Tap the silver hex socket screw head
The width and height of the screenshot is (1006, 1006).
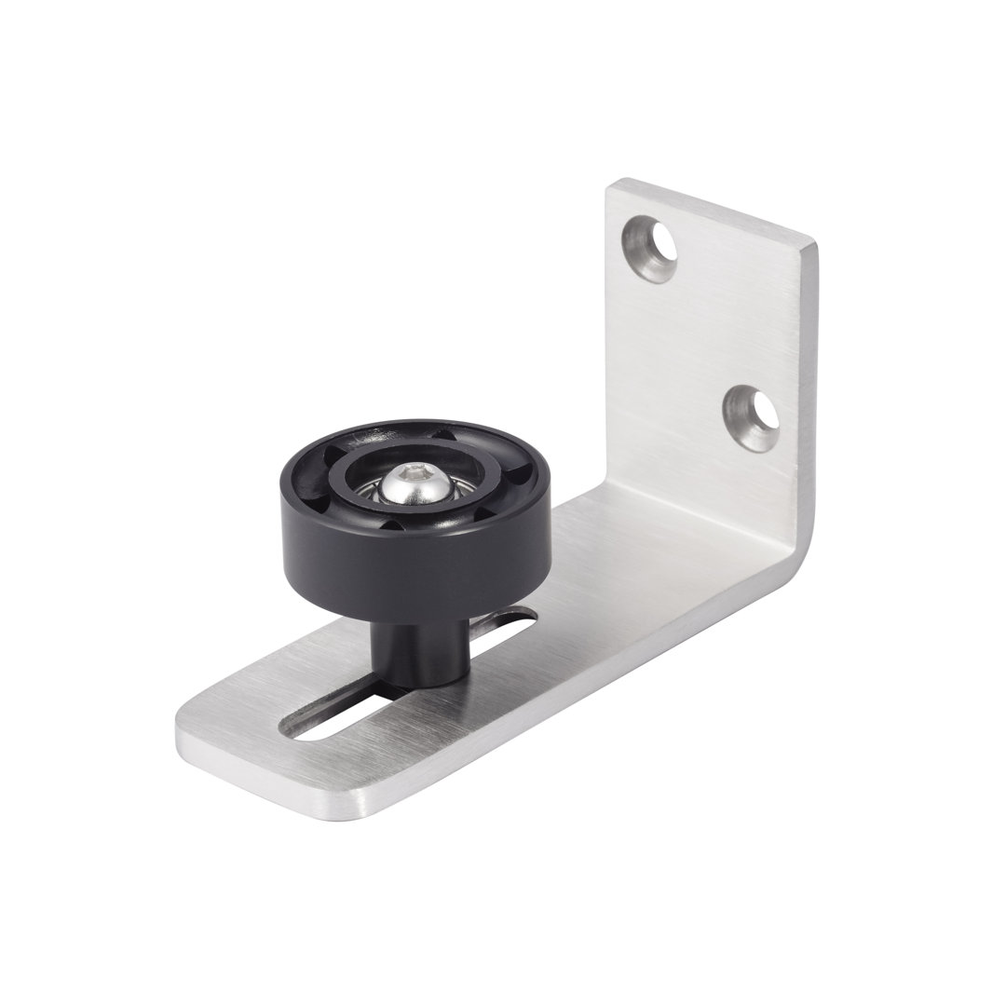[411, 482]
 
